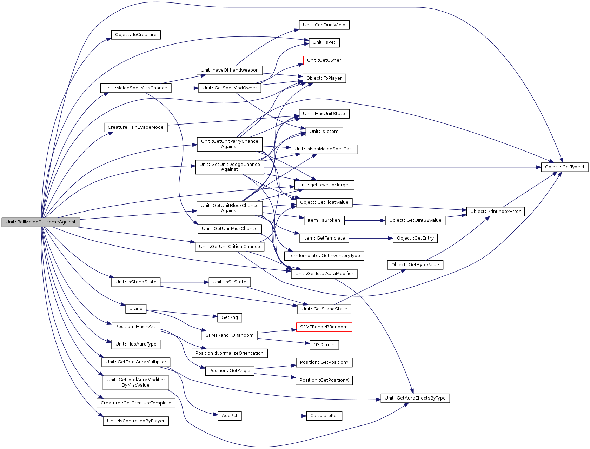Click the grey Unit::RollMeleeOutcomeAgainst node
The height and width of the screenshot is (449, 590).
(x=41, y=222)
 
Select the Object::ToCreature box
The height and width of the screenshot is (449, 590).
(x=136, y=35)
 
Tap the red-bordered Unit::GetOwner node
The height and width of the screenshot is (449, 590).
(x=324, y=60)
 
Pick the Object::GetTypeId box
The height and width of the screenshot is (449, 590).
(x=564, y=167)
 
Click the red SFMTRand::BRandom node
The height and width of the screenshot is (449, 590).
(x=324, y=327)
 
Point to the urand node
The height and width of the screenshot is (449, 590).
(x=136, y=309)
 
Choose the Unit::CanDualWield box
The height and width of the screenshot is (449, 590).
(x=324, y=25)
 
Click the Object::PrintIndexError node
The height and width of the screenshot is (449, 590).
(x=495, y=212)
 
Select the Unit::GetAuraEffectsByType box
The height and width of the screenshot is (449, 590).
(x=415, y=398)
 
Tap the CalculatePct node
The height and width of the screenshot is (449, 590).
(x=324, y=416)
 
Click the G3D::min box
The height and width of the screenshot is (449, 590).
(x=324, y=345)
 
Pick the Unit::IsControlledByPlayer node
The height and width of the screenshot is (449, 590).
(x=136, y=421)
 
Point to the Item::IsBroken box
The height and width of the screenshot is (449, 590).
(x=324, y=220)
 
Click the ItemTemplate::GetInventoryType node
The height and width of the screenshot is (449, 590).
(x=324, y=256)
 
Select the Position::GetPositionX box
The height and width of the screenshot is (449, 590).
(x=324, y=380)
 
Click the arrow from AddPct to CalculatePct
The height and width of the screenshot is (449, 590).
(x=274, y=416)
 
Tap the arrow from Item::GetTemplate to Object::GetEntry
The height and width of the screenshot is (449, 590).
(x=371, y=238)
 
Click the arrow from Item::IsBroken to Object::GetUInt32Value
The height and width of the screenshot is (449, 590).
(x=365, y=221)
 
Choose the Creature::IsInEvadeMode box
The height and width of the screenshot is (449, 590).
(x=136, y=127)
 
